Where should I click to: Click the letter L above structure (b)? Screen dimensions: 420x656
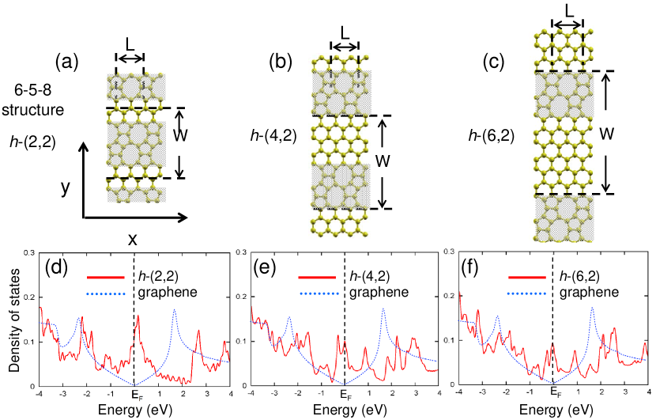[x=344, y=35]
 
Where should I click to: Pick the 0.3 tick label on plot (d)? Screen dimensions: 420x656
[x=29, y=252]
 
